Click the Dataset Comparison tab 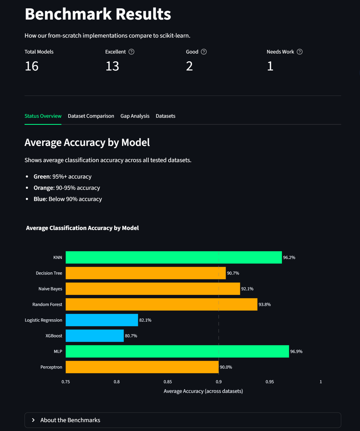[91, 116]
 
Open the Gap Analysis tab [135, 116]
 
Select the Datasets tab [165, 116]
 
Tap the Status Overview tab [43, 116]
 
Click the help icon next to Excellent [131, 52]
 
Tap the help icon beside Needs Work [300, 52]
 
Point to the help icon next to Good [204, 52]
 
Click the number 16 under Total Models [32, 66]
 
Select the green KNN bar [173, 257]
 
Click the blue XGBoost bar [95, 336]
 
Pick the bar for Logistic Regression [102, 320]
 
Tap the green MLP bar [177, 351]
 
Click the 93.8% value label [264, 304]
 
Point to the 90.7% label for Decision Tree [233, 273]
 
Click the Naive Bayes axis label [50, 289]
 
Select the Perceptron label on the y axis [51, 367]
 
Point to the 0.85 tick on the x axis [168, 382]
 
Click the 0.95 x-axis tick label [270, 382]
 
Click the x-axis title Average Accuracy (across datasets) [203, 391]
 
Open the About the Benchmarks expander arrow [33, 420]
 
